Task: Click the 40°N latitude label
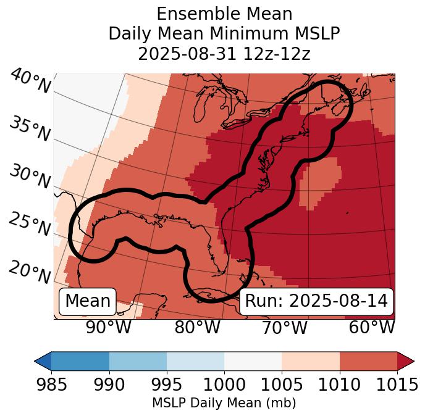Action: coord(30,82)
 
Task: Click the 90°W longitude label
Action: coord(109,328)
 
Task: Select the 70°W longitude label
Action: coord(285,328)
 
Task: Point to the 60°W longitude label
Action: coord(372,328)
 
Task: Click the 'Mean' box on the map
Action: coord(88,301)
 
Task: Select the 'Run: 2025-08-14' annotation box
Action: coord(316,301)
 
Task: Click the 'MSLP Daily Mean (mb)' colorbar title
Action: coord(224,403)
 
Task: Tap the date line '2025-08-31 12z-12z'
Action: coord(224,54)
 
